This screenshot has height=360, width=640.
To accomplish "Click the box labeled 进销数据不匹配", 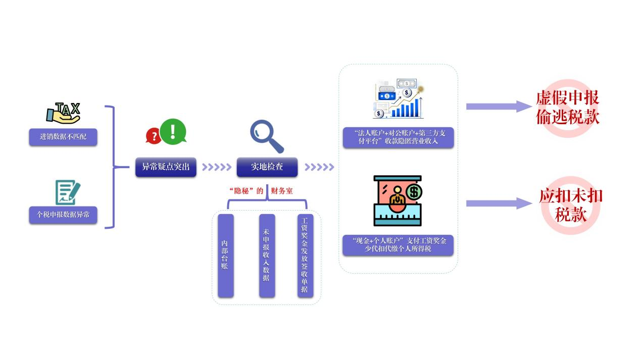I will (x=63, y=137).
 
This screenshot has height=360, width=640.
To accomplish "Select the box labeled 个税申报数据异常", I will (x=63, y=215).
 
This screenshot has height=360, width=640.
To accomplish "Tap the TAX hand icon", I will (x=64, y=113).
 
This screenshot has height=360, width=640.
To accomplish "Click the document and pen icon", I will (x=67, y=192).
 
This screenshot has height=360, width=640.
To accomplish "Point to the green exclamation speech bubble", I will (x=173, y=131).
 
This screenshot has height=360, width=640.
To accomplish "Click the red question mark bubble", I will (x=153, y=135).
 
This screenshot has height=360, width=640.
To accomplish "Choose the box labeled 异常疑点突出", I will (x=166, y=167).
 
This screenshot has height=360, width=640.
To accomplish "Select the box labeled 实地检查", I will (x=267, y=167).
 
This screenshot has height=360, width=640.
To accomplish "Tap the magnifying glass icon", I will (x=266, y=136).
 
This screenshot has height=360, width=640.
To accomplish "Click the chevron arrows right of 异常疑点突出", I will (x=216, y=167).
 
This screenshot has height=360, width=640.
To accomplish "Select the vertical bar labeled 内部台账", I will (x=225, y=255).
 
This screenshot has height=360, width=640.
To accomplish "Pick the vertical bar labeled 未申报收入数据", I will (x=267, y=255).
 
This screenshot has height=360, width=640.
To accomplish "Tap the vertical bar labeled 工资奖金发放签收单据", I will (x=305, y=255).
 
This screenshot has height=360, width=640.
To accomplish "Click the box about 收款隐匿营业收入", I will (x=398, y=137).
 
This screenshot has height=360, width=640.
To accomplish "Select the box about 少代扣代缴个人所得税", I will (x=398, y=245).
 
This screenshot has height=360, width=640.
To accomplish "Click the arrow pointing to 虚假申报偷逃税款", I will (x=498, y=107).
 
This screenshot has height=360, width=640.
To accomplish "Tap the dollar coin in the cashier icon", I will (x=414, y=192).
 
